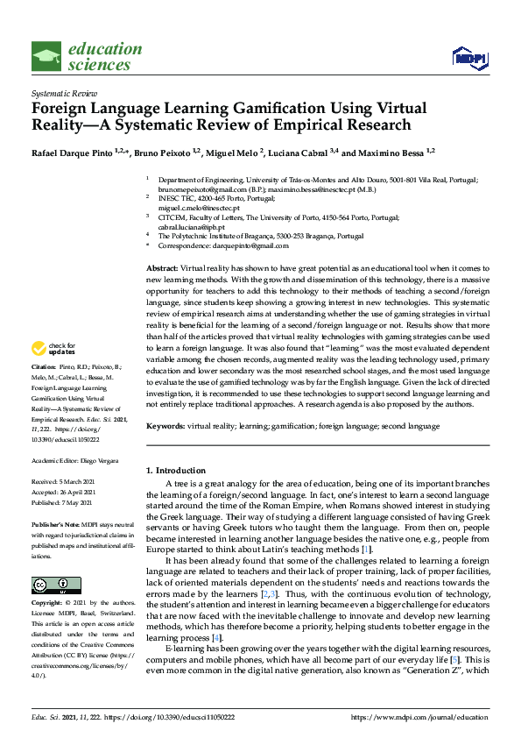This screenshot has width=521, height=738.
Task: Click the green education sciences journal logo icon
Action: tap(46, 56)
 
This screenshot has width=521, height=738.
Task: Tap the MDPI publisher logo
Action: tap(469, 58)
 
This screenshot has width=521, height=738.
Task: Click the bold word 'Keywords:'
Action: tap(166, 425)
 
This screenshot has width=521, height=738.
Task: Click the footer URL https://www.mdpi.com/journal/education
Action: tap(419, 716)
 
